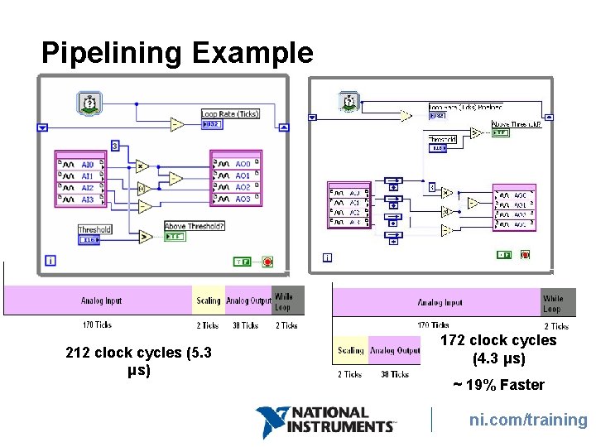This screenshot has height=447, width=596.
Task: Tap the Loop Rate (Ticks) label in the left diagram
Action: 230,113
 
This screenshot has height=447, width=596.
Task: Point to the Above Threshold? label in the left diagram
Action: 195,226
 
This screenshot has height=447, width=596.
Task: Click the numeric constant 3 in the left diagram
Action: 114,146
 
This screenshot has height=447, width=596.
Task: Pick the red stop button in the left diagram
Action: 267,262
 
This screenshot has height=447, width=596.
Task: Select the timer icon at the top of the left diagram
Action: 88,103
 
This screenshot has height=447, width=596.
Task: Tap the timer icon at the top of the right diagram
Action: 348,102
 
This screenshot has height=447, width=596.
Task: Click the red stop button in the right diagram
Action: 525,255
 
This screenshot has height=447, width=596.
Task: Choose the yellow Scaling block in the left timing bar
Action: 209,300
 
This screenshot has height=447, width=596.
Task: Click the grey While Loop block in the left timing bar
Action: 283,300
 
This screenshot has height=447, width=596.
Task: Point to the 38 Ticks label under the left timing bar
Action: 245,325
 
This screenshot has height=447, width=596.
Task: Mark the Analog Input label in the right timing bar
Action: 440,303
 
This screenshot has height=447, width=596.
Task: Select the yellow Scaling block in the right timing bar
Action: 350,350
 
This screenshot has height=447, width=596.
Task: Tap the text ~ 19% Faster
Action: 497,385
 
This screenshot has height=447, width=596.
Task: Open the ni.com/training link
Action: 528,420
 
